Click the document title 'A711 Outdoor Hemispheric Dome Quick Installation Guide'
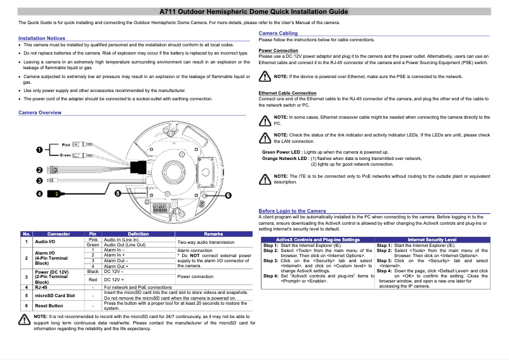254,12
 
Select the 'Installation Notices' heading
42,39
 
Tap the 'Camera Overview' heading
39,112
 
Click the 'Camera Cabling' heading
278,33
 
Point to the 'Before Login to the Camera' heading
292,211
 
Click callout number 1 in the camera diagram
39,150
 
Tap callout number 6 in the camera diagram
228,195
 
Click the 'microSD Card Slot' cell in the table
55,295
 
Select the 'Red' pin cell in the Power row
93,279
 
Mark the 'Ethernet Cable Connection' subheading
288,93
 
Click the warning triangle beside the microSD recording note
25,319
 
